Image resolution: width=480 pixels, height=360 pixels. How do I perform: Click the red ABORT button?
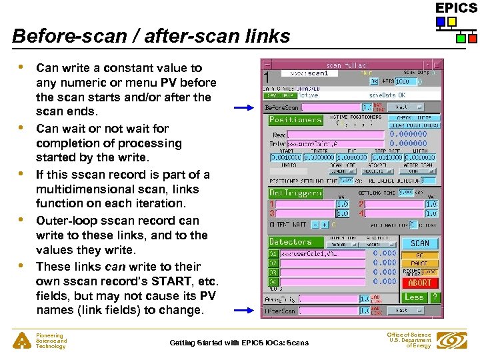click(x=419, y=283)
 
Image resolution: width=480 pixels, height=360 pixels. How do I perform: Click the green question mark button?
click(x=434, y=297)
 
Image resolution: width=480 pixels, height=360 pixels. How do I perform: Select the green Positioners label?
click(x=295, y=120)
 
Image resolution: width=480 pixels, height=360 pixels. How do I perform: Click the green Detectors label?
click(x=290, y=242)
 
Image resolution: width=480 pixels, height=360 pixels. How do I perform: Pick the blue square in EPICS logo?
click(x=441, y=22)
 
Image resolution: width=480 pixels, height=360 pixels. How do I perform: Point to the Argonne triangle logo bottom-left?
click(x=21, y=341)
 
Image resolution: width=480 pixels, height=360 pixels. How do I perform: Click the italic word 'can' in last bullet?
click(x=115, y=266)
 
